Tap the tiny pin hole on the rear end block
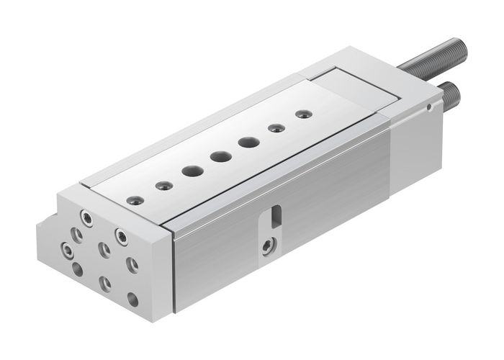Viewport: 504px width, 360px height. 429,108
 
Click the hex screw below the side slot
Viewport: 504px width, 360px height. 269,247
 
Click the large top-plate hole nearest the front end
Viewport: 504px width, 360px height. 192,171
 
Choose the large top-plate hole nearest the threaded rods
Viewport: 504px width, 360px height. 249,142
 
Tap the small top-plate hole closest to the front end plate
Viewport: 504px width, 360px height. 131,199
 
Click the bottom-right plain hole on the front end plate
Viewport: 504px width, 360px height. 132,297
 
